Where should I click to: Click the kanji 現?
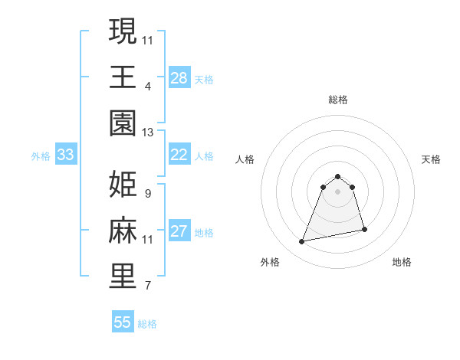point(123,31)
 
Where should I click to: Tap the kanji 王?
point(123,77)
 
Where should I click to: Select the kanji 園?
point(123,123)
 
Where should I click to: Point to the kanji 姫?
point(123,185)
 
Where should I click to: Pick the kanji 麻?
point(123,231)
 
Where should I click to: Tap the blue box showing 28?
point(179,77)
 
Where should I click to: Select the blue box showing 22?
point(179,155)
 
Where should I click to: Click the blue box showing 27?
point(179,231)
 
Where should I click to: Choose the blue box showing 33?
point(65,155)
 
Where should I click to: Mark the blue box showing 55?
point(123,322)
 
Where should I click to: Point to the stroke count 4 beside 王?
point(147,87)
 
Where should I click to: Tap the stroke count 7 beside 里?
point(147,286)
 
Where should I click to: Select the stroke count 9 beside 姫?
point(147,194)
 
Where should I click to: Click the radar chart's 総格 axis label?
point(338,100)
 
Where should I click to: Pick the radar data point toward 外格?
point(302,242)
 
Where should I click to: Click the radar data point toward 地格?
point(364,230)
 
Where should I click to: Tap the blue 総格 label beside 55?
point(147,324)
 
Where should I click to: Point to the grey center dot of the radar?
point(338,201)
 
